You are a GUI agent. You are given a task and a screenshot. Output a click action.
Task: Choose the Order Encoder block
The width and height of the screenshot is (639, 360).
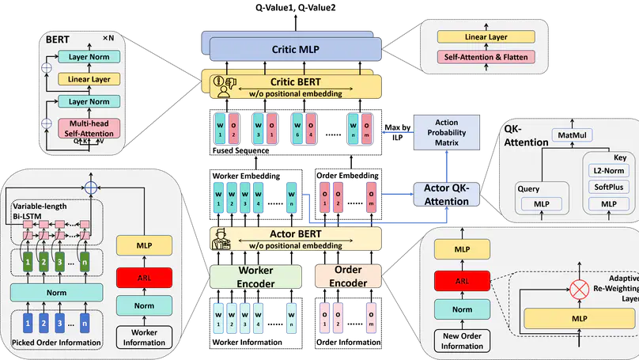click(347, 276)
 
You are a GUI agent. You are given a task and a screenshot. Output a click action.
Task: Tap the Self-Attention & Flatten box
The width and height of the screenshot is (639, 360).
click(486, 57)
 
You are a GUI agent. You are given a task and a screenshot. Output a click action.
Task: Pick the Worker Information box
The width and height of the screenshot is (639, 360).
click(144, 337)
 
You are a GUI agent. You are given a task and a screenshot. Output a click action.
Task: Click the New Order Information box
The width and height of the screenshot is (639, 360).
click(462, 340)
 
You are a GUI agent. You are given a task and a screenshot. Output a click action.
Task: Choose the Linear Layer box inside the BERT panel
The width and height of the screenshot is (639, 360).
click(88, 79)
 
